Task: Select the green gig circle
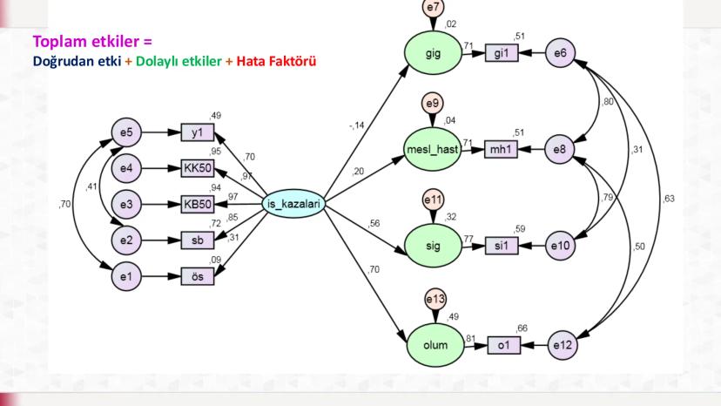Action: [432, 54]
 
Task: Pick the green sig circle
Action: [432, 247]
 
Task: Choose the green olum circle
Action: [432, 345]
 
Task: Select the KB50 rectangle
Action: [198, 206]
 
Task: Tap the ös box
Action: [198, 279]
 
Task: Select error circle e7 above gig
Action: [432, 7]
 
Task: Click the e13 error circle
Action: [433, 298]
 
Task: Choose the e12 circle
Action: [562, 345]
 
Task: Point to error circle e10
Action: [562, 247]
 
